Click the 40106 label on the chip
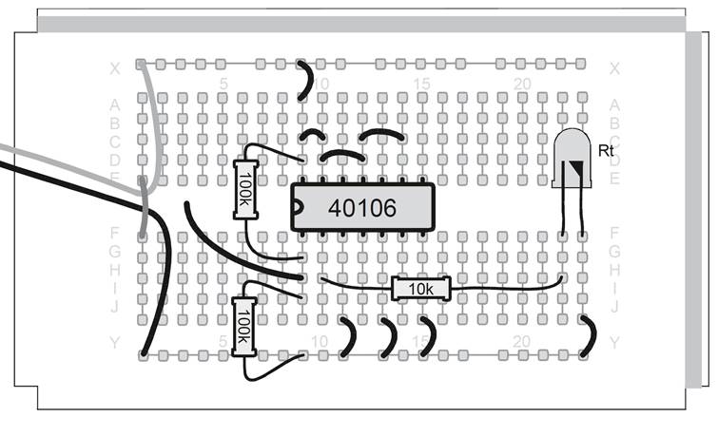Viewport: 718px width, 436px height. coord(362,207)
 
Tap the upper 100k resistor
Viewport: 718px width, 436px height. coord(246,190)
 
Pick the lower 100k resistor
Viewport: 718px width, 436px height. coord(244,326)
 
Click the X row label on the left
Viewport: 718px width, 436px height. coord(115,68)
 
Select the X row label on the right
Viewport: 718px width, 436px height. coord(614,68)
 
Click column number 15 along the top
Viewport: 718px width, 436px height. coord(422,85)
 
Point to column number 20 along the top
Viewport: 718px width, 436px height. coord(522,85)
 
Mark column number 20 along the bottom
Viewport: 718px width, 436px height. coord(522,341)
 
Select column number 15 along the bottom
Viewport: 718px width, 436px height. coord(422,341)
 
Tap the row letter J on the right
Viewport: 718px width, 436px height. coord(614,306)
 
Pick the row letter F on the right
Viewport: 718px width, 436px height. coord(614,232)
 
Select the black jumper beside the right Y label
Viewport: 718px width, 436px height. coord(589,336)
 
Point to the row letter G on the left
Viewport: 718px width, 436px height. coord(115,250)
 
